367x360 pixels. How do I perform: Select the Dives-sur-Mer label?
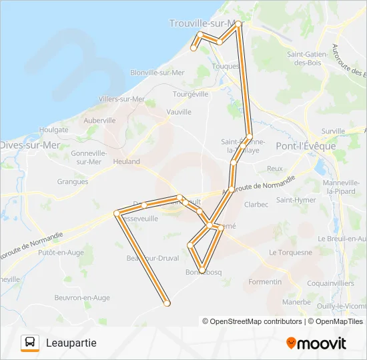[x=30, y=145]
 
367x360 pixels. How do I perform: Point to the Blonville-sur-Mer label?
[x=157, y=72]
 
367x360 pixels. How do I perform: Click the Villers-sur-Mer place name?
[x=121, y=99]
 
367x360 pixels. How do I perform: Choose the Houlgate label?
[x=54, y=129]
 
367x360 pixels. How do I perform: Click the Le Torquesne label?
[x=291, y=253]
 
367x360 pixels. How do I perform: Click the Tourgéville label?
[x=191, y=94]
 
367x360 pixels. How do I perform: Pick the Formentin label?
[x=265, y=282]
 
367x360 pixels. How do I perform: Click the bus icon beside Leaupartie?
[x=31, y=343]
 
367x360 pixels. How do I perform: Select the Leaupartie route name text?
[x=71, y=343]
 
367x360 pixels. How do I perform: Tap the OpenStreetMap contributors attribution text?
[x=254, y=321]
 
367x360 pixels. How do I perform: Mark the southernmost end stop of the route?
[x=167, y=303]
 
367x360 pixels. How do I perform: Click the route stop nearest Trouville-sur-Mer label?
[x=238, y=24]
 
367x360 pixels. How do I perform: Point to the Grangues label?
[x=72, y=181]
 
